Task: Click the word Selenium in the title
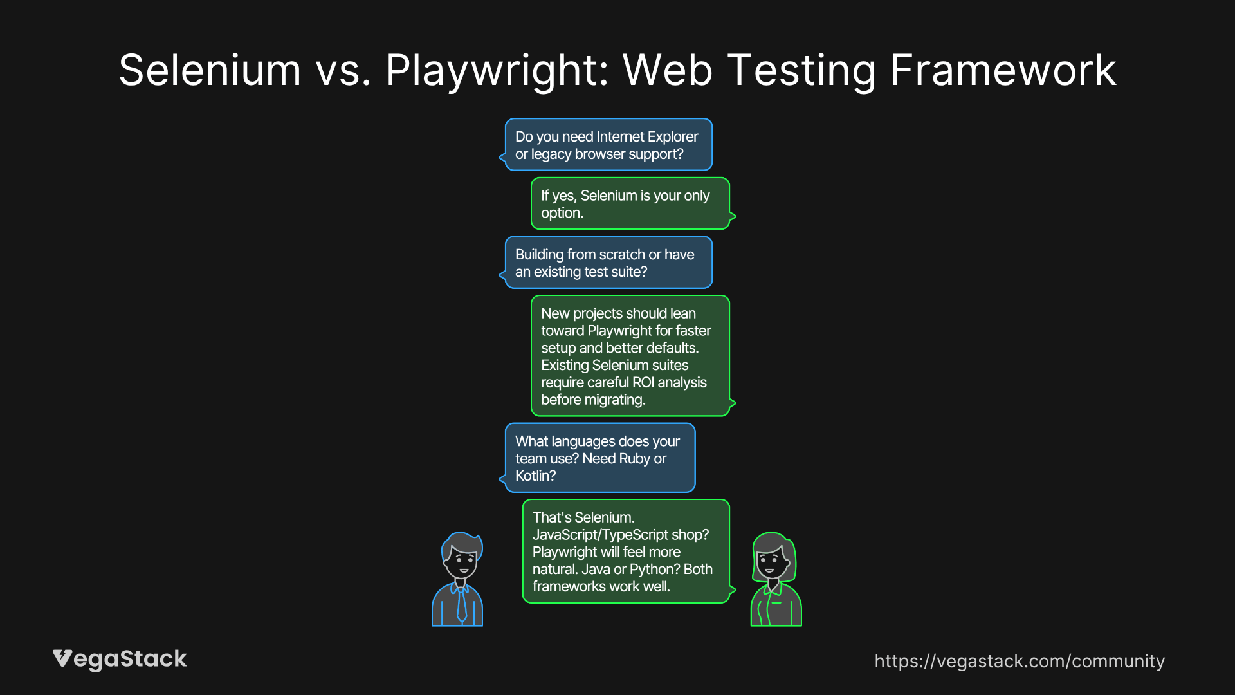click(210, 70)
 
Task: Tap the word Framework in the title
click(1003, 70)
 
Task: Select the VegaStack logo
click(120, 659)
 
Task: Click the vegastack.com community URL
click(1019, 661)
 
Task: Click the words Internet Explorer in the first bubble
click(646, 136)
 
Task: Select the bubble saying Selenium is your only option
click(630, 203)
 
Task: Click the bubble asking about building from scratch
click(608, 263)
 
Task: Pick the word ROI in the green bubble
click(643, 382)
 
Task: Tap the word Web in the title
click(667, 70)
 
